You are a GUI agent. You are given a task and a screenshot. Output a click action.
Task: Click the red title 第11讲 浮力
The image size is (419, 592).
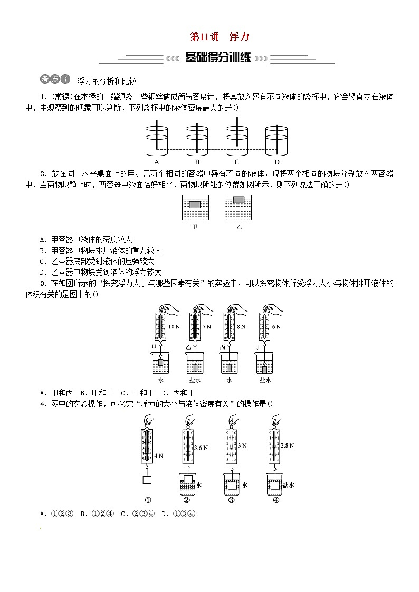[219, 37]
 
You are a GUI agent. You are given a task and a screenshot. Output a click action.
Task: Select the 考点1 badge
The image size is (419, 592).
[54, 80]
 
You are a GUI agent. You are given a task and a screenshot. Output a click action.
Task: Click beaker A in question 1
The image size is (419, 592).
[157, 140]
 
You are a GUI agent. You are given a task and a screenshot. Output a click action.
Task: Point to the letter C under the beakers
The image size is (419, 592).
[237, 162]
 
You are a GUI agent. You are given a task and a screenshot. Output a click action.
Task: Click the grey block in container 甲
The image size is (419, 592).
[195, 205]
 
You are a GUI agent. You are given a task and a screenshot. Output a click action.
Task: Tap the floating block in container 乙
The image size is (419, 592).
[239, 199]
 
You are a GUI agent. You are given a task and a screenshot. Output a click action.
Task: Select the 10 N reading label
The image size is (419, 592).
[174, 327]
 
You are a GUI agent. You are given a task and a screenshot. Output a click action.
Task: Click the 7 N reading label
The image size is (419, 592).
[206, 327]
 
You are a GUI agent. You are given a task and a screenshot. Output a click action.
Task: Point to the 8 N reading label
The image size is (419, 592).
[241, 327]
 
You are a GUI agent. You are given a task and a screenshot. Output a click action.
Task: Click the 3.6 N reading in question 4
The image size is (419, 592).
[201, 448]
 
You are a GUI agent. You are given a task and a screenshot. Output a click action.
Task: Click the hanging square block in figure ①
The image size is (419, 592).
[148, 480]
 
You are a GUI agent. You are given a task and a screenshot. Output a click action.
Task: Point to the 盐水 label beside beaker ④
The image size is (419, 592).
[288, 486]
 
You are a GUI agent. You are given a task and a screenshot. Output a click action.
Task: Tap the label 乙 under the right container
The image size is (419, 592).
[239, 227]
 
